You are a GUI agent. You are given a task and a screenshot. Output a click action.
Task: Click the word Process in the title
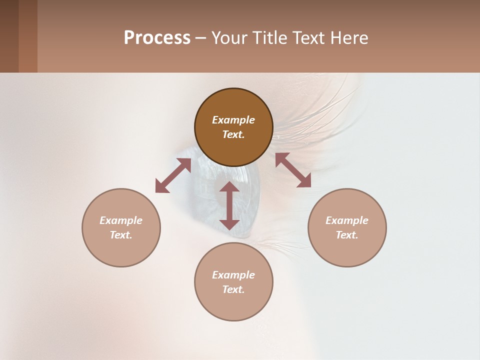point(157,38)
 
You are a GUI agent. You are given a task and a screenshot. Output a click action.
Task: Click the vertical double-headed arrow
point(229,205)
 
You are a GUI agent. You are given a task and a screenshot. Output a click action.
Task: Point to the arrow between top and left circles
point(173,175)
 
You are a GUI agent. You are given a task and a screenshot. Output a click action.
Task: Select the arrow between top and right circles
point(293,170)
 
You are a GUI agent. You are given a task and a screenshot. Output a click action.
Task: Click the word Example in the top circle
point(233,120)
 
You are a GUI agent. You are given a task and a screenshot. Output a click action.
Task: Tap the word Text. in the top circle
point(233,134)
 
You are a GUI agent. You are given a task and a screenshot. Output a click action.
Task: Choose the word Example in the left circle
point(121,220)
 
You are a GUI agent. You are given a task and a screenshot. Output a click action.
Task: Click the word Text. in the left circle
point(121,235)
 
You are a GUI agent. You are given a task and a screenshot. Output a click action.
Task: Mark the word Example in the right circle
point(347,220)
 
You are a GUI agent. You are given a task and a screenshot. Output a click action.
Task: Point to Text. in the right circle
point(347,235)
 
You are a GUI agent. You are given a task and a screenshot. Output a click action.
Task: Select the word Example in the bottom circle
point(233,275)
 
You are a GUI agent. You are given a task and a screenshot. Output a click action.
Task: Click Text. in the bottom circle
point(233,289)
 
